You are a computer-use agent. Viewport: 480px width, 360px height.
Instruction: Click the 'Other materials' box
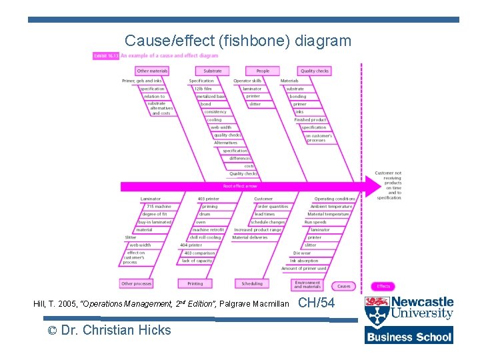152,71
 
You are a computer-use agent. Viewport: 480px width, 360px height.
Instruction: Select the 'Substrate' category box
213,71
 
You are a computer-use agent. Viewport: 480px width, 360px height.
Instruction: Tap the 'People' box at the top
263,71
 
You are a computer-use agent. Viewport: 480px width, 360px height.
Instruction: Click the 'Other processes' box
136,283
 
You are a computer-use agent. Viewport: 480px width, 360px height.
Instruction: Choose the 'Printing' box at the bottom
195,283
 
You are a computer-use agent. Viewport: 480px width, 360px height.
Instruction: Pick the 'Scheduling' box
252,283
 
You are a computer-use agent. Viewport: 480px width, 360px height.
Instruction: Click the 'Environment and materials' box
307,285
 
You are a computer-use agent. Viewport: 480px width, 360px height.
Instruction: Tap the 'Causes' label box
343,286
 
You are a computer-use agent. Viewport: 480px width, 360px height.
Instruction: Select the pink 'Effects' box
383,286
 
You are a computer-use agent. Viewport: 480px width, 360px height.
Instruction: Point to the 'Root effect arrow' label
240,186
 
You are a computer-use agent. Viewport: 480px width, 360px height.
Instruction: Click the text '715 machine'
159,207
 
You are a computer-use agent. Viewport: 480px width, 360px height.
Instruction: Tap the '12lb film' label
203,89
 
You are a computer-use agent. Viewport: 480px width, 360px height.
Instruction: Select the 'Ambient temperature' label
331,207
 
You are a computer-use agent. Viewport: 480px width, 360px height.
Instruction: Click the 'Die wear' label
301,253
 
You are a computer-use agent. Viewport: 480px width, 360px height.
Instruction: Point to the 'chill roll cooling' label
205,237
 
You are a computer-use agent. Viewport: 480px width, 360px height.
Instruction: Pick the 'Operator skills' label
247,81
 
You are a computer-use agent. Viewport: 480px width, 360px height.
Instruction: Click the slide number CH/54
317,303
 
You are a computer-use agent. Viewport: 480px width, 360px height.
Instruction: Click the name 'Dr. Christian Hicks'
116,330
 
